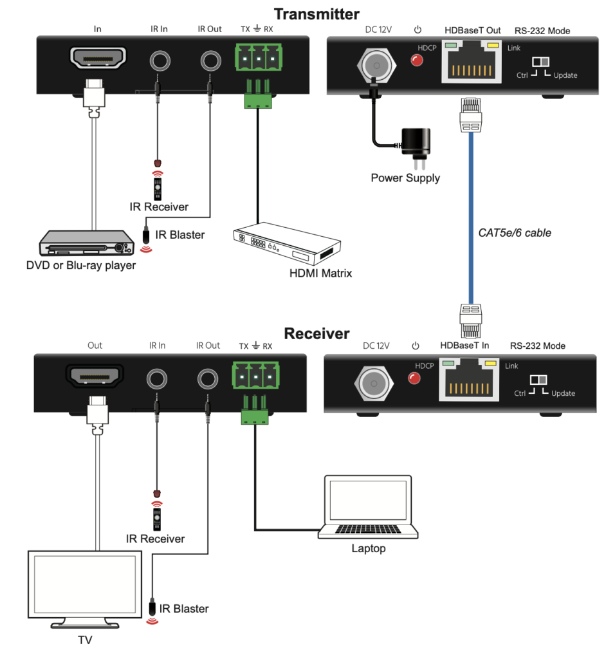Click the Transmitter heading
pos(317,14)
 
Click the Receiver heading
pos(317,333)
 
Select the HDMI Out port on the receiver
pos(95,378)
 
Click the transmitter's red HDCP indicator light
pos(417,61)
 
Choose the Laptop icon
pos(368,508)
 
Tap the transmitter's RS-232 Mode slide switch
pos(541,62)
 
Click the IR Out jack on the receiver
pos(208,378)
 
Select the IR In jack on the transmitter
pos(159,61)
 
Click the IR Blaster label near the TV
pos(185,608)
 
